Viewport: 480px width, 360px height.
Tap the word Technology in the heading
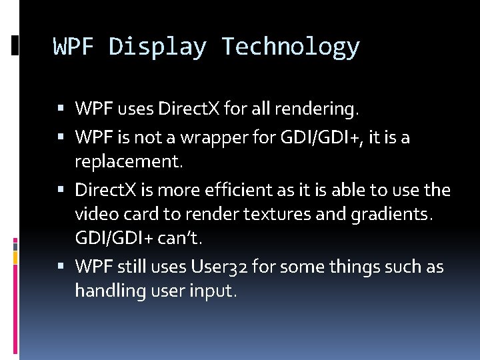point(291,47)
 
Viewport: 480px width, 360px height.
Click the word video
point(95,214)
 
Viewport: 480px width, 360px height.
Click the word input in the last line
point(217,291)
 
